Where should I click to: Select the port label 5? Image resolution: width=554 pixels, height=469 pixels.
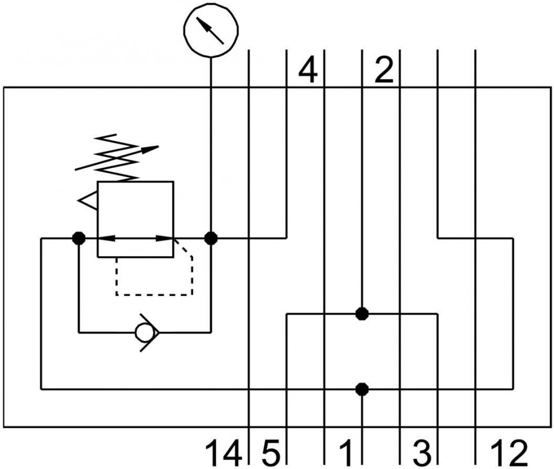(x=271, y=452)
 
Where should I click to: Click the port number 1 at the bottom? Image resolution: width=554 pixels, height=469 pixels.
(x=346, y=452)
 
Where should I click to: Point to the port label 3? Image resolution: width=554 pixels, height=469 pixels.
(x=422, y=452)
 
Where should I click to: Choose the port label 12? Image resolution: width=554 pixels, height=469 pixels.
(x=509, y=452)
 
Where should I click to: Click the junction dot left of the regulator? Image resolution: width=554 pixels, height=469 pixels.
(x=78, y=238)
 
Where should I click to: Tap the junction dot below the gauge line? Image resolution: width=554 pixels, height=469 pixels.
(x=211, y=238)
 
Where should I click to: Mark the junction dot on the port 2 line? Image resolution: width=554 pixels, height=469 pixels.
(x=362, y=313)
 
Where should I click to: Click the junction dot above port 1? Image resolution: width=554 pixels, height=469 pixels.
(x=362, y=389)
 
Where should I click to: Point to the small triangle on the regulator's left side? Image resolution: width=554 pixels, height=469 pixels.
(x=87, y=201)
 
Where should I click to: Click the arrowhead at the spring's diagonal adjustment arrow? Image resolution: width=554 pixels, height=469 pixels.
(x=150, y=149)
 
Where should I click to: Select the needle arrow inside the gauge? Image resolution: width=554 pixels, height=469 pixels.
(x=210, y=31)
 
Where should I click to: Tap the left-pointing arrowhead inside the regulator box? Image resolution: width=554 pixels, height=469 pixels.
(x=105, y=238)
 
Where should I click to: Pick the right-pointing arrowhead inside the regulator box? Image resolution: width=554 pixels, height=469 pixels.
(x=165, y=238)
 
